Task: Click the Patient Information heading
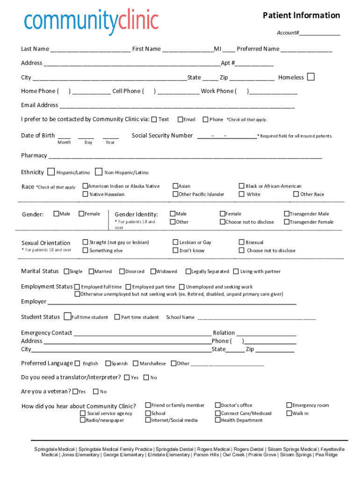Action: tap(301, 15)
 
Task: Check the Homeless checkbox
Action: tap(310, 77)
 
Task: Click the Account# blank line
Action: tap(320, 34)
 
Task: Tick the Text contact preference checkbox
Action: tap(154, 119)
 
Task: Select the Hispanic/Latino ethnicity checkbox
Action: tap(51, 172)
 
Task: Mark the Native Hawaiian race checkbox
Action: tap(86, 194)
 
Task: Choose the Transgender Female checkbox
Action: tap(287, 222)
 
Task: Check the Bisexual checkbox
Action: tap(242, 242)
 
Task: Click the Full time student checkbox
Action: tap(68, 317)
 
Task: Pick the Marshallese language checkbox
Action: tap(136, 363)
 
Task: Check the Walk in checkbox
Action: tap(288, 413)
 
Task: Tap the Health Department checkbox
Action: tap(217, 420)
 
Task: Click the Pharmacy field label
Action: tap(34, 155)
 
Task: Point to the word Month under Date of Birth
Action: tap(64, 142)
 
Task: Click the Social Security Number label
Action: tap(162, 136)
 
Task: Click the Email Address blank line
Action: tap(177, 106)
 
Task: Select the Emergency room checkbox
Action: tap(288, 405)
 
